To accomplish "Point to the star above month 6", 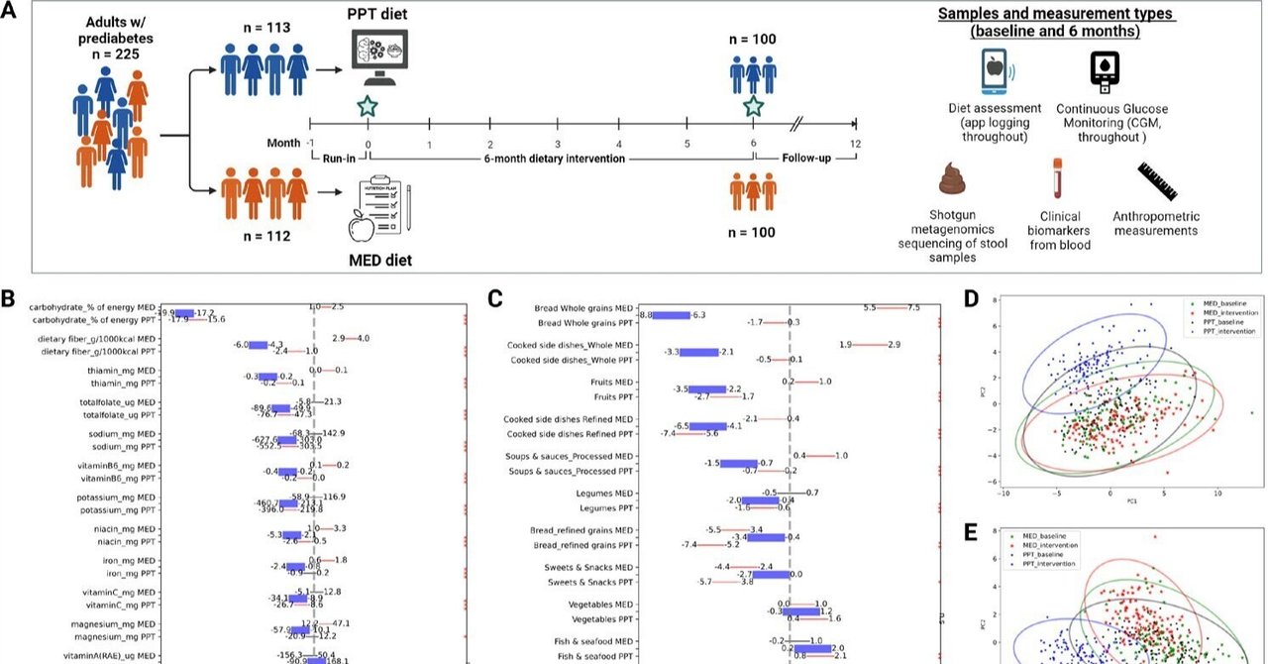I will coord(754,107).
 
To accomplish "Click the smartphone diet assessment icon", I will coord(996,72).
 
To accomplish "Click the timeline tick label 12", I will coord(854,144).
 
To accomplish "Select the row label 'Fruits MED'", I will coord(607,382).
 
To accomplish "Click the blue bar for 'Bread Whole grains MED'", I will coord(674,314).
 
